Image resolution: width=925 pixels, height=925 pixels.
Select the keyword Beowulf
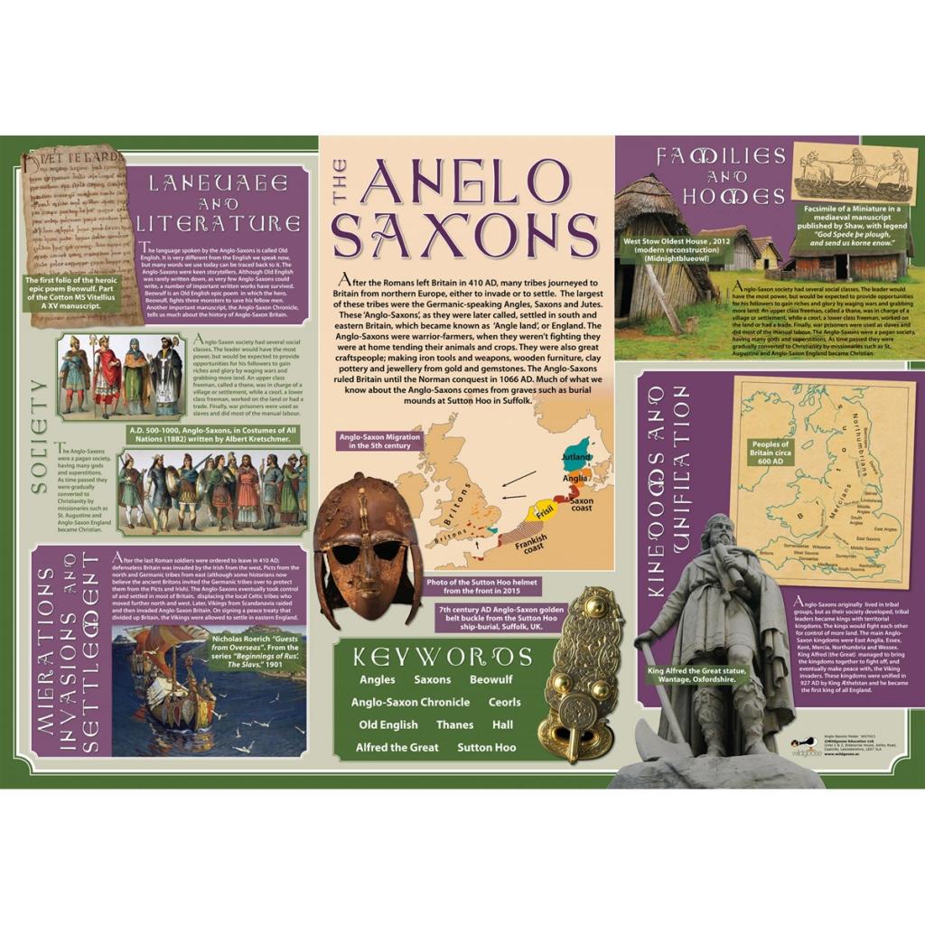pos(491,679)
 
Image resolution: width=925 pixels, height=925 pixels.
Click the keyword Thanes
pos(454,724)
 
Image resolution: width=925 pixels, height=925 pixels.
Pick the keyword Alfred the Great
pos(397,747)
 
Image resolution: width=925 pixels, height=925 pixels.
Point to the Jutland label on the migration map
pos(575,457)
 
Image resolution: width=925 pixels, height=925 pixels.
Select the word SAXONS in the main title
pos(464,234)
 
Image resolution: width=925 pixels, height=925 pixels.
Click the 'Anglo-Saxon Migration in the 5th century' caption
pos(375,441)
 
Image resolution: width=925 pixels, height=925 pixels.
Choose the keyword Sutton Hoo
pos(486,747)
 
